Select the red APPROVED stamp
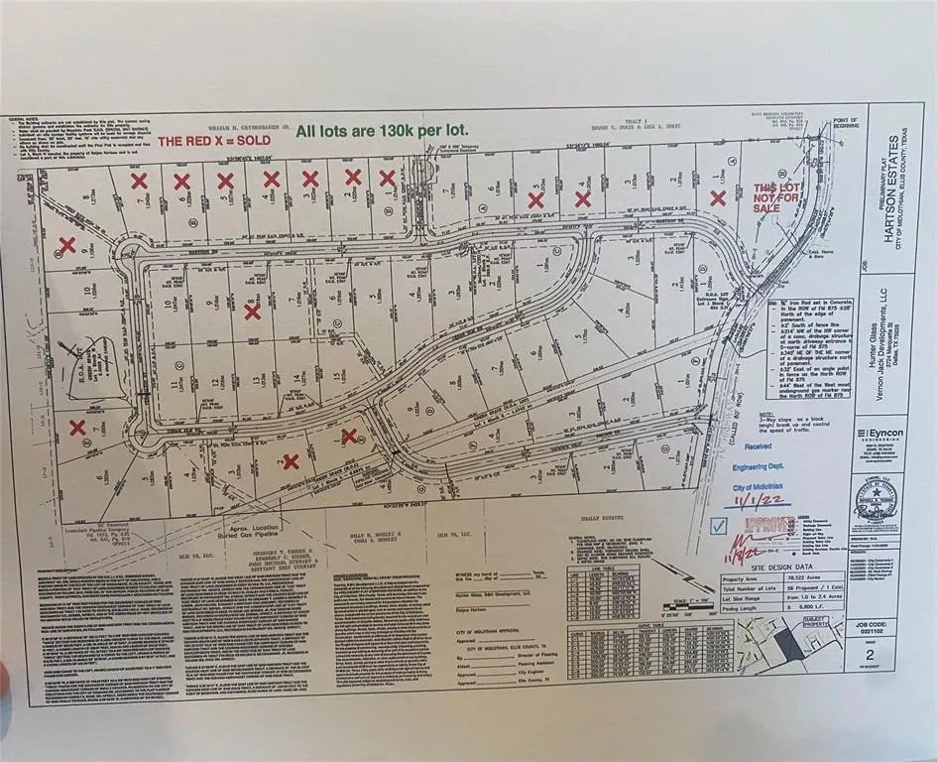pyautogui.click(x=768, y=525)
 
